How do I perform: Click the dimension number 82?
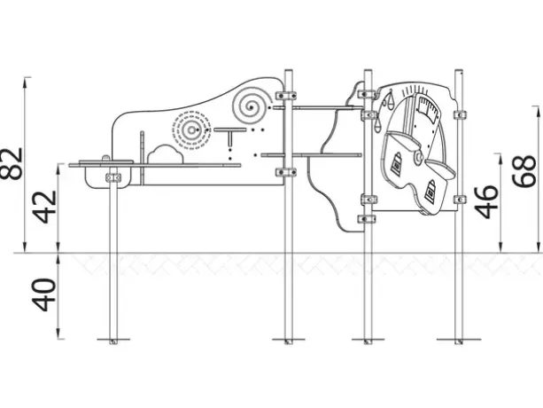coord(11,163)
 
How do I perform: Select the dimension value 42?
coord(44,207)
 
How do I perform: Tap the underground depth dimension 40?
coord(44,294)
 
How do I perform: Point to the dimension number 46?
coord(487,201)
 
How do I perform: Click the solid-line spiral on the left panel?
coord(252,104)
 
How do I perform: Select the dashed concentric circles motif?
coord(191,130)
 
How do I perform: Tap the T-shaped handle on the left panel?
coord(230,137)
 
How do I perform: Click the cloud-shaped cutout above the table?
coord(166,154)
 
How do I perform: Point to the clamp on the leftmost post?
coord(113,177)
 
